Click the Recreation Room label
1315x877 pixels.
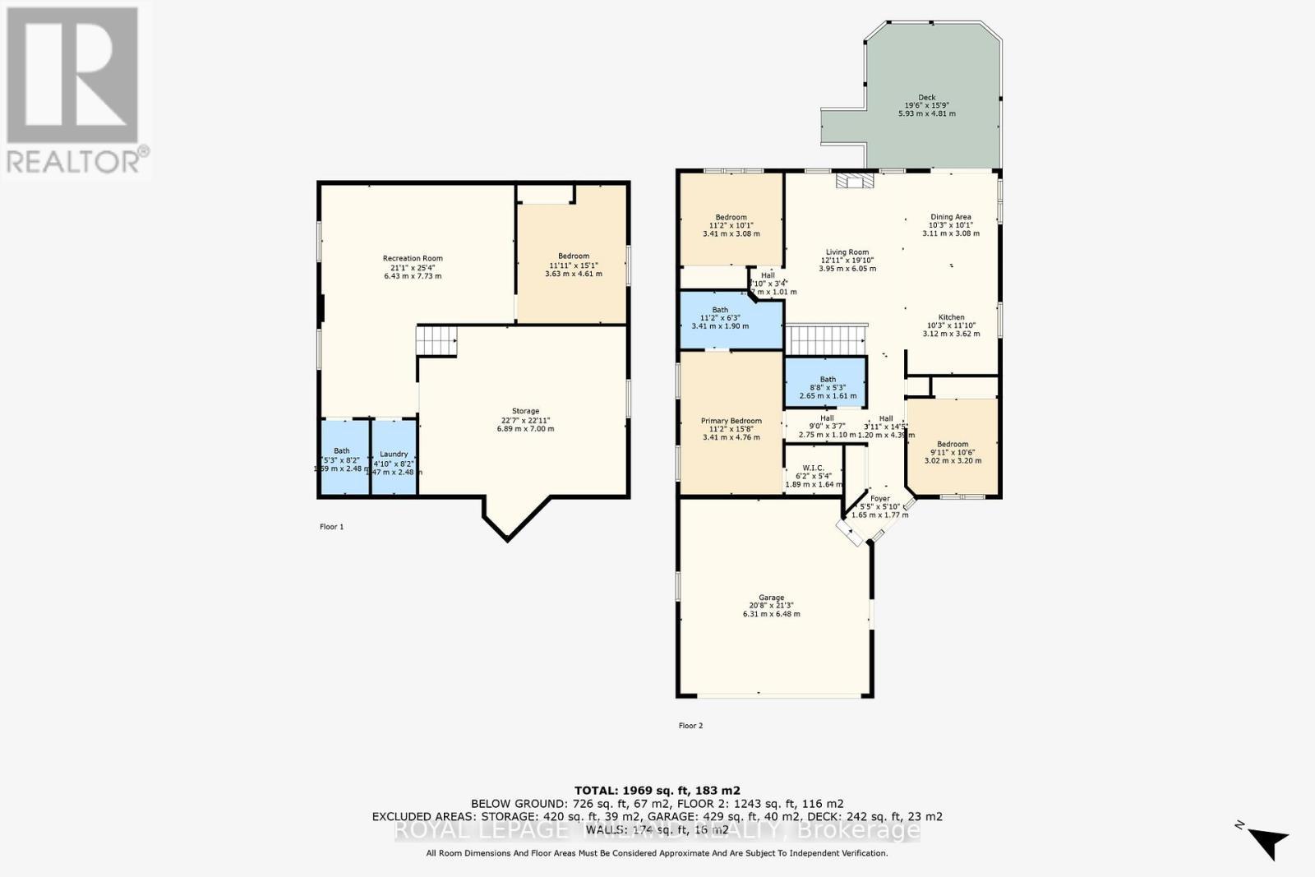tap(413, 259)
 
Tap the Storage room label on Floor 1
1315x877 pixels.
tap(525, 411)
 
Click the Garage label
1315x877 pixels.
tap(771, 598)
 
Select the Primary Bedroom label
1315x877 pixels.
tap(731, 421)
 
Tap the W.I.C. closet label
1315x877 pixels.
tap(814, 469)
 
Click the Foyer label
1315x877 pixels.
tap(879, 499)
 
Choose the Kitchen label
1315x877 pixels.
tap(951, 317)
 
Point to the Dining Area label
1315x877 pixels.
tap(950, 217)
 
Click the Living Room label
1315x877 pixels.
tap(847, 253)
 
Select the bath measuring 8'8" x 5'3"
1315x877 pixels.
tap(827, 381)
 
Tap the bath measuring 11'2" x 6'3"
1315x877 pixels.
tap(720, 311)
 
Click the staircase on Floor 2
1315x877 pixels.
tap(826, 339)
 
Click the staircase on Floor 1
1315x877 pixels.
tap(436, 340)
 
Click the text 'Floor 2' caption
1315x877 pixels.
tap(690, 726)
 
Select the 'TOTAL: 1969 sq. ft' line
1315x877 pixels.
tap(657, 791)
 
